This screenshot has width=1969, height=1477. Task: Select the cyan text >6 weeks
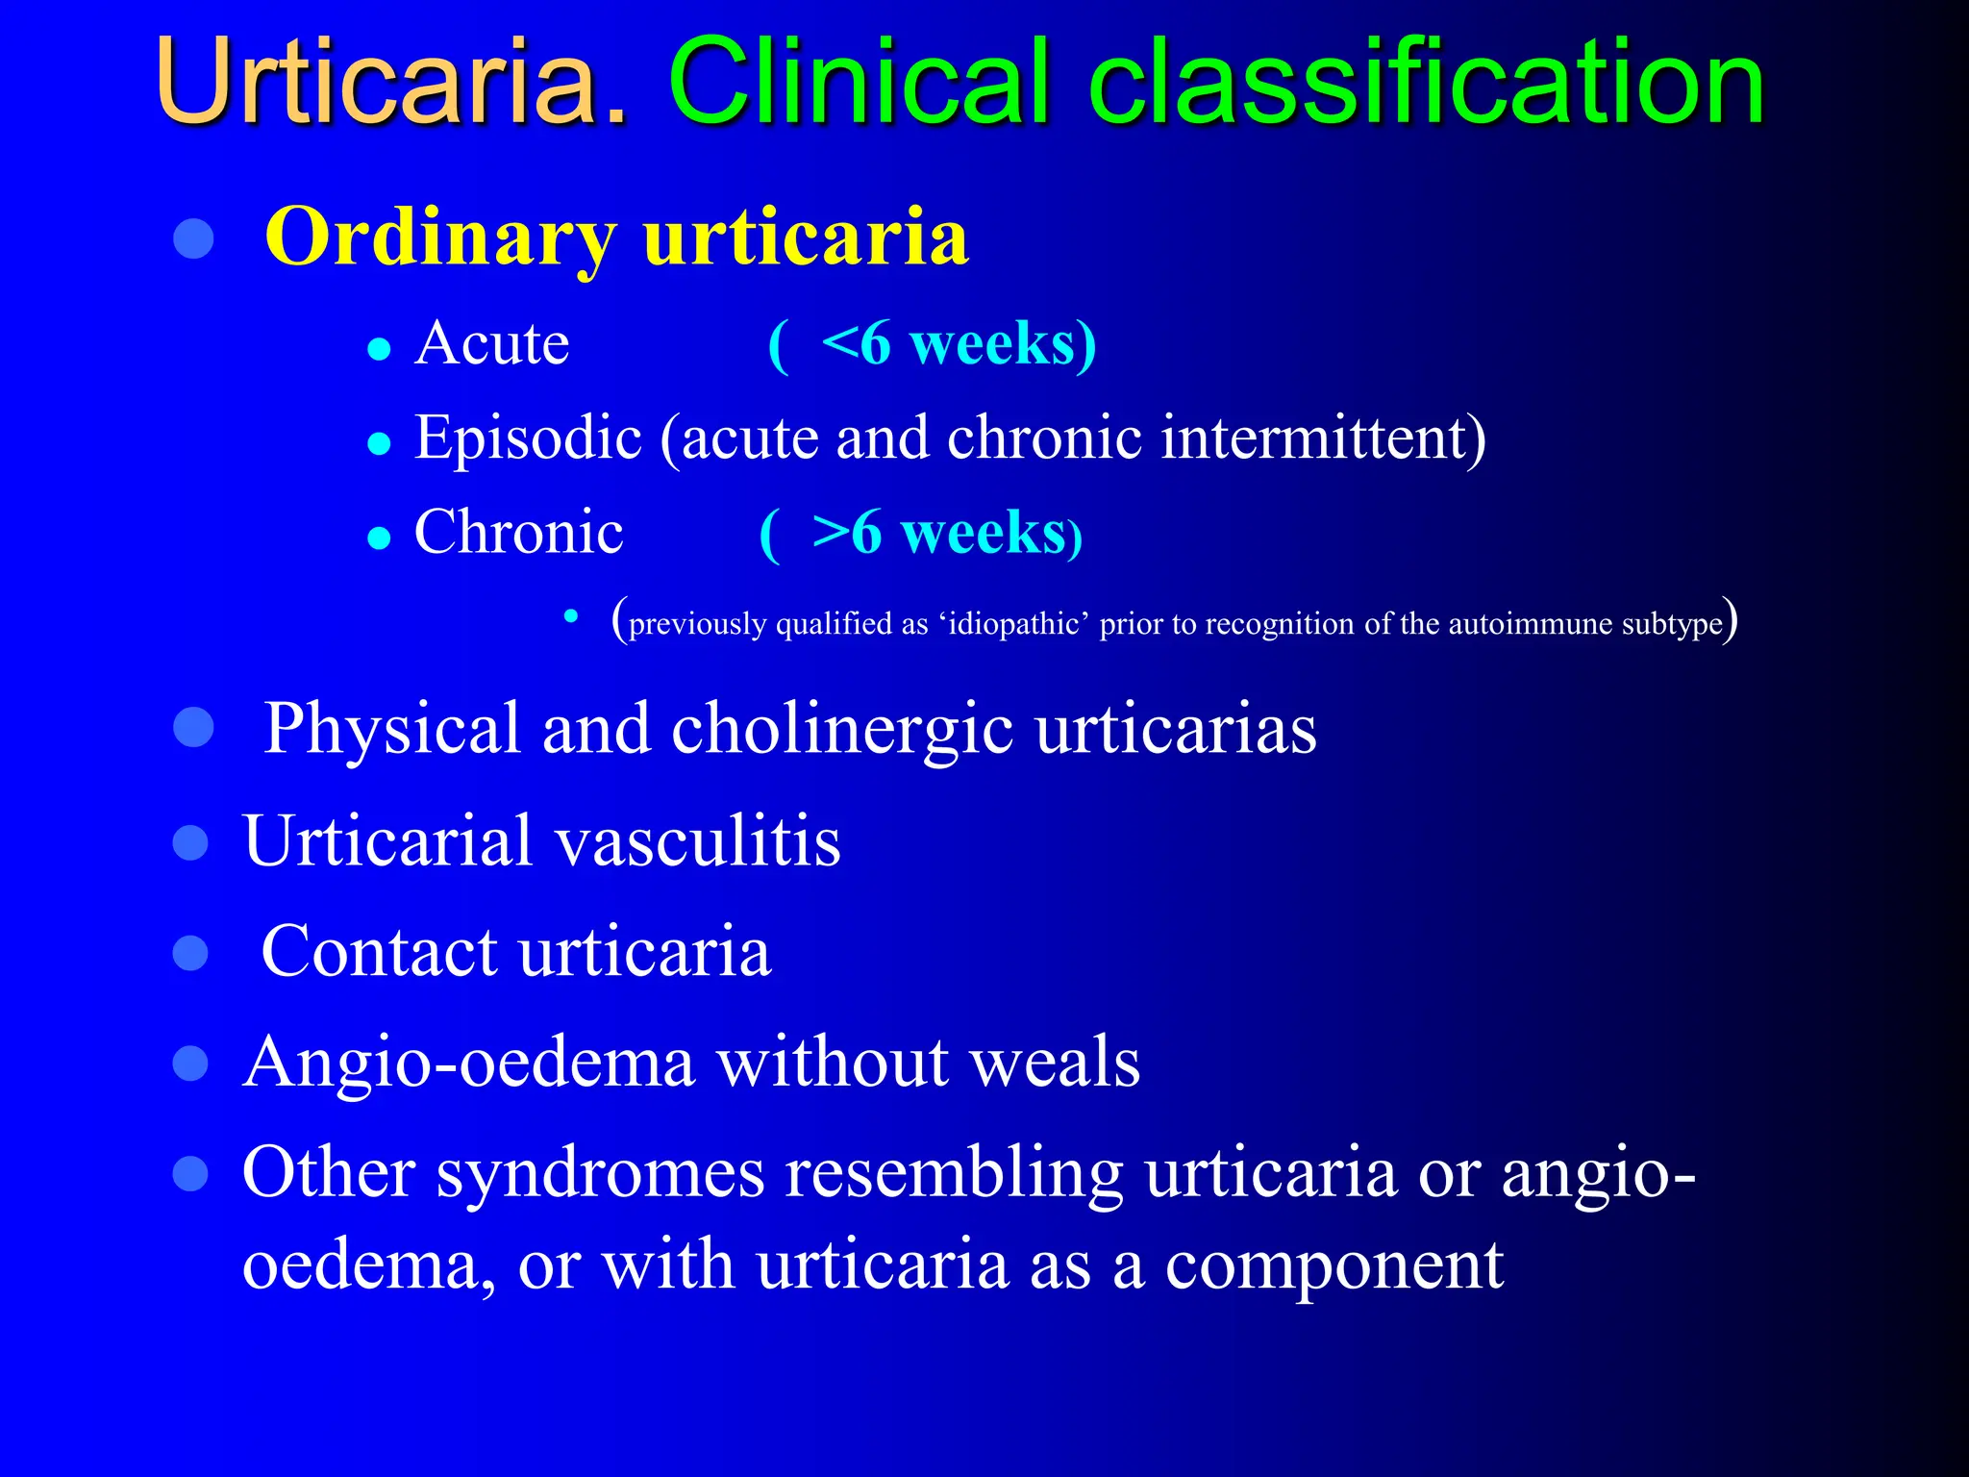click(x=939, y=533)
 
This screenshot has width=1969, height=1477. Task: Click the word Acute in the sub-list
click(x=491, y=343)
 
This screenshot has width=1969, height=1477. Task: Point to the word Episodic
click(x=527, y=438)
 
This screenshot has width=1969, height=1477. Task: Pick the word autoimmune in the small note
click(x=1530, y=624)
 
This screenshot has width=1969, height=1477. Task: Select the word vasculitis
click(x=698, y=841)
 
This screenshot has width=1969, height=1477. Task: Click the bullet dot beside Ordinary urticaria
click(x=193, y=238)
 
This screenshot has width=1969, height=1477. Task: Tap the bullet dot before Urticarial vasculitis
click(x=191, y=842)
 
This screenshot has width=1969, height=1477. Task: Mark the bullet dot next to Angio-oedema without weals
click(x=191, y=1064)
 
